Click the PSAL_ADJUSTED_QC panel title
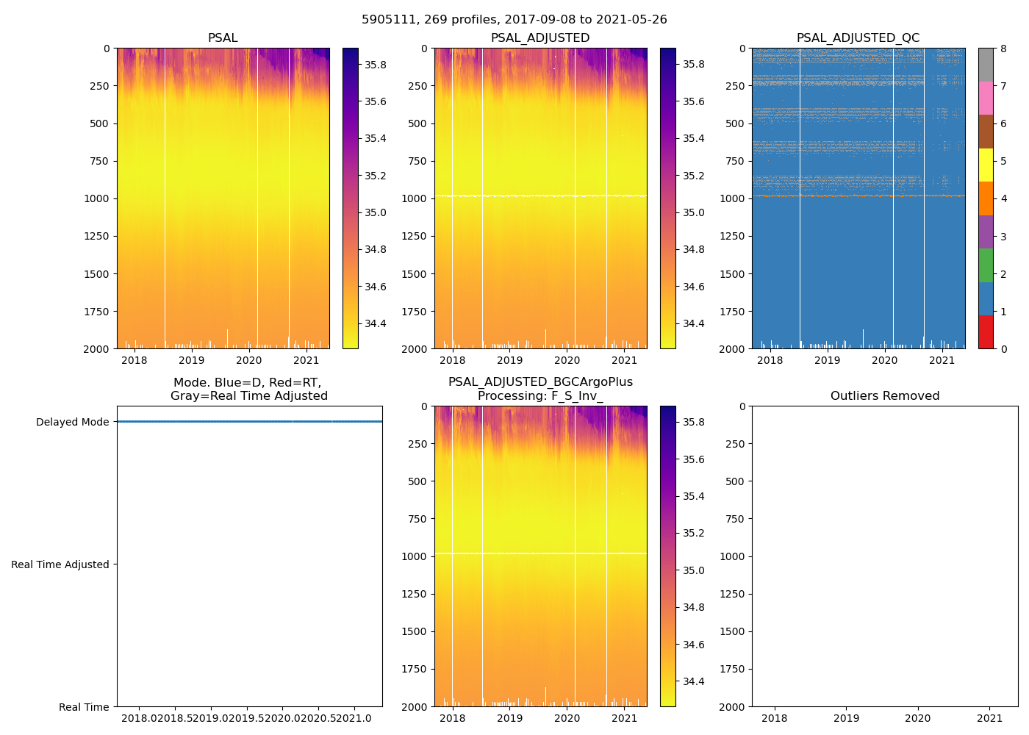(x=858, y=38)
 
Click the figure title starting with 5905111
(x=514, y=20)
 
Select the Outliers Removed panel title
(x=885, y=396)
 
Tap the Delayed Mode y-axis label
(x=72, y=422)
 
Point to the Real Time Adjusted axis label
(x=60, y=564)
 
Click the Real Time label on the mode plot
(x=84, y=707)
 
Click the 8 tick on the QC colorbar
(x=1003, y=49)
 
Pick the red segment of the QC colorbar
(x=986, y=331)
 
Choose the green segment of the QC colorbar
(x=986, y=265)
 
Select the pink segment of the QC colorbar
(x=986, y=98)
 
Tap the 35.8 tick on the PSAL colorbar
(x=376, y=65)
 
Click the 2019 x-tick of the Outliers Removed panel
(x=846, y=718)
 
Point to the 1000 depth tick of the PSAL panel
(x=97, y=198)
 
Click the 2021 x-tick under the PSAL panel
(x=306, y=360)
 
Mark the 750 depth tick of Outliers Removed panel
(x=734, y=519)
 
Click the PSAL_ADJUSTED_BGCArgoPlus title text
(x=540, y=382)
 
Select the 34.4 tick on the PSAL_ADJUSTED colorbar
(x=693, y=324)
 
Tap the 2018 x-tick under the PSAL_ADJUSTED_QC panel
(x=770, y=360)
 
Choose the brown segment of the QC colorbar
(x=986, y=132)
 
